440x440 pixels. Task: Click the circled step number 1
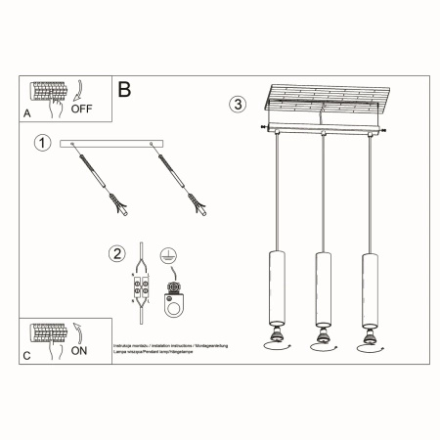[x=41, y=145]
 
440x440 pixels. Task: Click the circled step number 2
[x=117, y=254]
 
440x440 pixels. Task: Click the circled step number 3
[x=236, y=105]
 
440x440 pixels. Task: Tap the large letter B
[x=124, y=90]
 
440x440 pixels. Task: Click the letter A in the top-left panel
[x=26, y=114]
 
